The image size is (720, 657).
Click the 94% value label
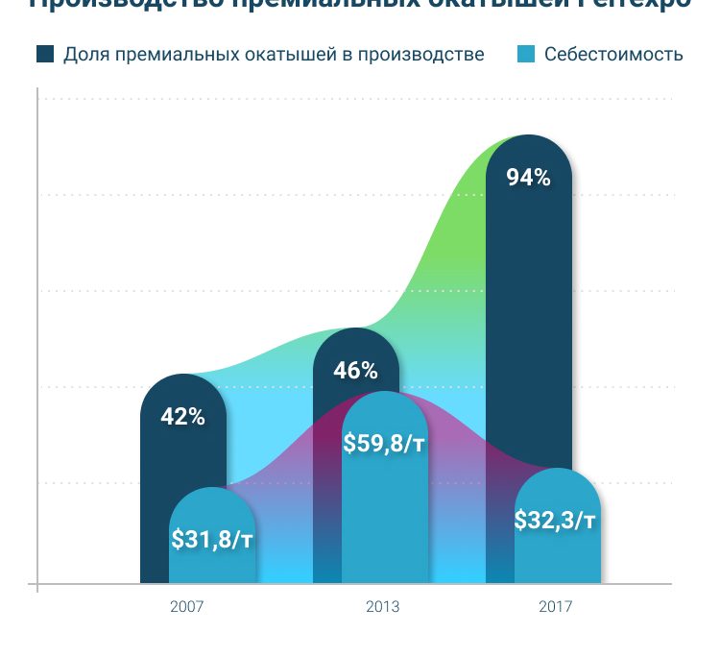[x=528, y=178]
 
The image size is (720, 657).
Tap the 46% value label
[x=355, y=370]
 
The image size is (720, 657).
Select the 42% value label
[x=182, y=417]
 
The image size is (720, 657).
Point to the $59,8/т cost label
[x=384, y=443]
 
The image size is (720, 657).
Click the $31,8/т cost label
[x=212, y=539]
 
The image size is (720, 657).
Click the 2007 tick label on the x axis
[x=186, y=607]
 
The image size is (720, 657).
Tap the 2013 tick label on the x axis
[x=383, y=607]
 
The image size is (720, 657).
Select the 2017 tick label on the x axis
[x=556, y=607]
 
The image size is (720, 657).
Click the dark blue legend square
[x=45, y=54]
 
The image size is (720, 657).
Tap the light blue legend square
[x=526, y=54]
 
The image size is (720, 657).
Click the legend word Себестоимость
[x=613, y=54]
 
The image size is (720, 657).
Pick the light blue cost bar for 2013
[x=384, y=509]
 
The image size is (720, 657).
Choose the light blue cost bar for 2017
[x=558, y=557]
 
